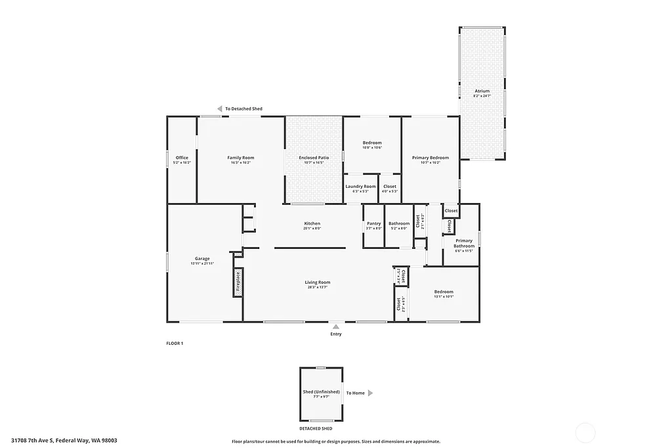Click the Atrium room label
[482, 91]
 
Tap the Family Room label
[241, 158]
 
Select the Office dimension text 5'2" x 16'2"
[182, 162]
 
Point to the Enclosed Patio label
[314, 158]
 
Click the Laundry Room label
[360, 187]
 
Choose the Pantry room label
[374, 223]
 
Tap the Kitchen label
[312, 223]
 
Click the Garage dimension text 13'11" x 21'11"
[202, 263]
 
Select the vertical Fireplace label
[238, 282]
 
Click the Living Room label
[317, 282]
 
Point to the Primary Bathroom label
[464, 243]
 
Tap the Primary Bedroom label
[430, 158]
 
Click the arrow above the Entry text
[336, 326]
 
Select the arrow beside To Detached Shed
[220, 109]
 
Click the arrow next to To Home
[370, 393]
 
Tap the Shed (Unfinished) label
[322, 392]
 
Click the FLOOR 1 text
[175, 343]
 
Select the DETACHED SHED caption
[322, 428]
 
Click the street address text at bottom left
[64, 440]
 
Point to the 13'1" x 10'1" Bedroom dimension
[444, 296]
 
